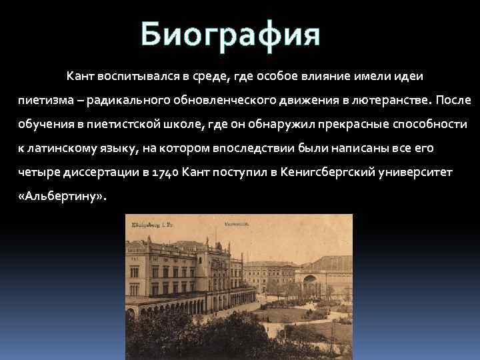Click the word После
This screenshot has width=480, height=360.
pyautogui.click(x=454, y=100)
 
